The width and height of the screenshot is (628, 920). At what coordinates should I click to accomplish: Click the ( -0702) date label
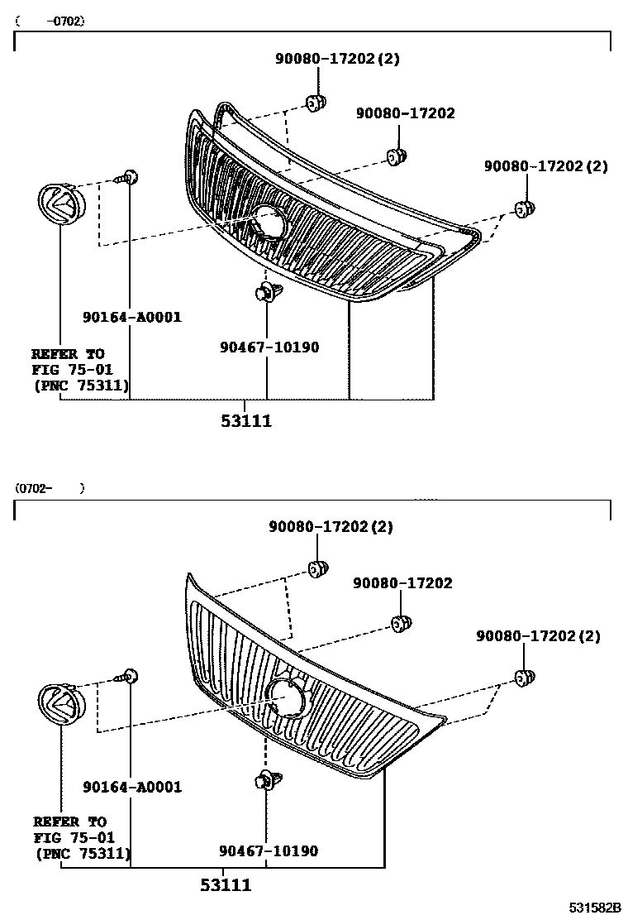point(50,22)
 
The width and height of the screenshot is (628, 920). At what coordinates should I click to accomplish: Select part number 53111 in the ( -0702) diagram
point(245,421)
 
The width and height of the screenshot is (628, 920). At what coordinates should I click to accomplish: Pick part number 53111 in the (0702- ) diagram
point(225,885)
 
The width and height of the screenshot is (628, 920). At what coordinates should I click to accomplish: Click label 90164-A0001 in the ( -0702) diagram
point(131,317)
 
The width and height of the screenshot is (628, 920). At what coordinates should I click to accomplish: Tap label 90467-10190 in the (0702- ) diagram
point(269,851)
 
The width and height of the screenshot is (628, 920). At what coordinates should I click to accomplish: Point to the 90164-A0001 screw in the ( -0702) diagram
point(128,176)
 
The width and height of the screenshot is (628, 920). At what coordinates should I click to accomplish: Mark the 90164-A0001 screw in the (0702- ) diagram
point(128,676)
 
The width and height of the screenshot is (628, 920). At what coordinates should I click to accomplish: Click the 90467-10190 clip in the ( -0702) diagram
point(267,292)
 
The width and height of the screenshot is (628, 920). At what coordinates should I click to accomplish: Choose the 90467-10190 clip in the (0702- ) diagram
point(266,781)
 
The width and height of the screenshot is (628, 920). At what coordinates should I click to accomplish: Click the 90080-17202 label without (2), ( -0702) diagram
point(405,113)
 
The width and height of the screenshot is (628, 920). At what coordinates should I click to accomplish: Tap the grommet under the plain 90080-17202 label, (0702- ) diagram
point(400,622)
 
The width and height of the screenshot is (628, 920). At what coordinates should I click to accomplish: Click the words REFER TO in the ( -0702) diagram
point(68,353)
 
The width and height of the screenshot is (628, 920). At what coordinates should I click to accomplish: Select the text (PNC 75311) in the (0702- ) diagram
point(82,852)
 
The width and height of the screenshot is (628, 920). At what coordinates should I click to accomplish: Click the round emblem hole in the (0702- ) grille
point(286,697)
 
